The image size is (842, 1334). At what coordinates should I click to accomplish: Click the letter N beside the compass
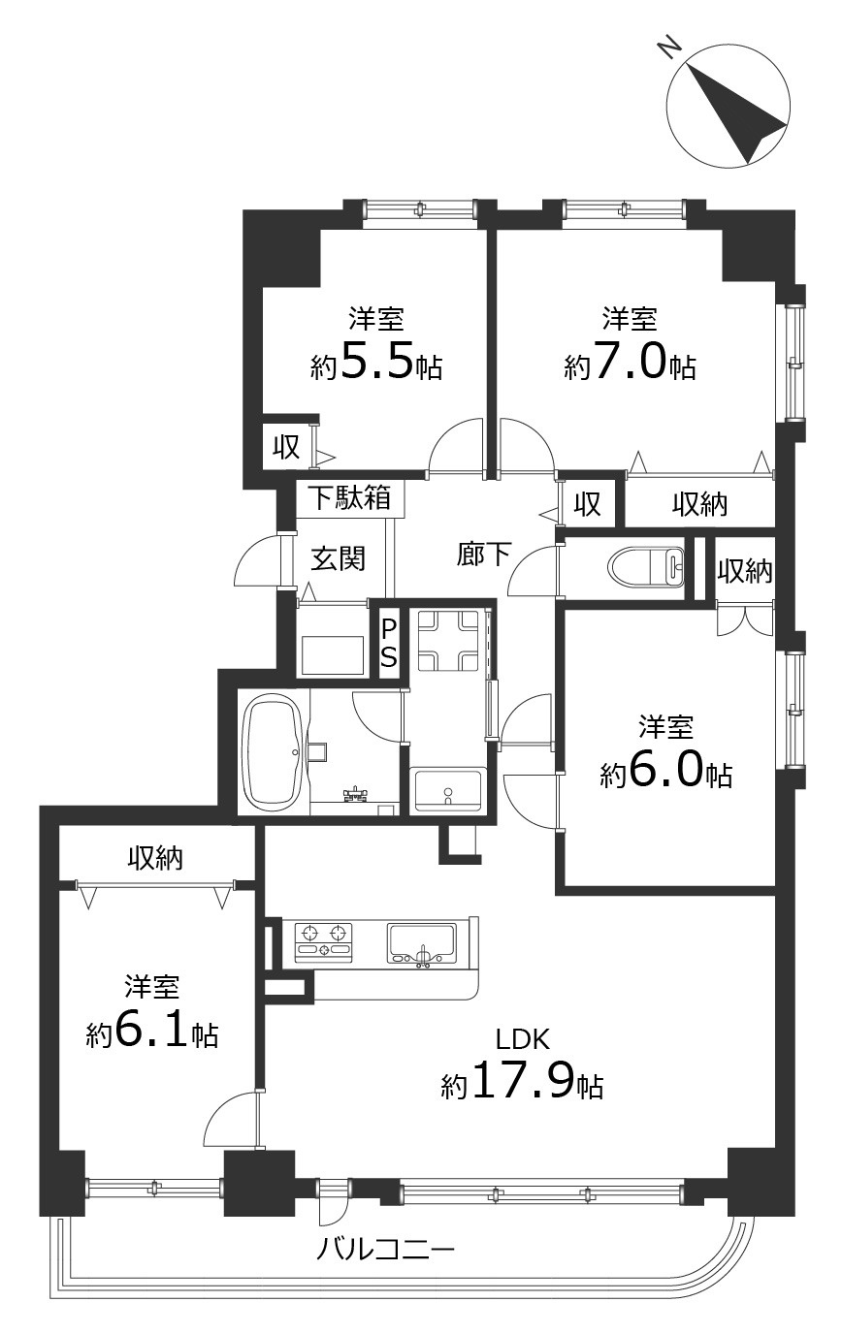click(670, 48)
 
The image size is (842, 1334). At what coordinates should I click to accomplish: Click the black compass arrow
click(737, 114)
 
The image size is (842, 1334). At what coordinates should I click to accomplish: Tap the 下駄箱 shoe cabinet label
click(351, 497)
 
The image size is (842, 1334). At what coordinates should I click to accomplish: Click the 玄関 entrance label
click(338, 558)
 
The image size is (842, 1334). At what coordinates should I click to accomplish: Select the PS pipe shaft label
click(389, 643)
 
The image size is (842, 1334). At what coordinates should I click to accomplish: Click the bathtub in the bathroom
click(275, 752)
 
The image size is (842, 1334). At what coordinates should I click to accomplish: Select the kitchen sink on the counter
click(423, 942)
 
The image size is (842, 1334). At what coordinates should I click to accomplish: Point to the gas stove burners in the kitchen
click(325, 941)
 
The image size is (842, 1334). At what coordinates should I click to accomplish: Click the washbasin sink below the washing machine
click(448, 790)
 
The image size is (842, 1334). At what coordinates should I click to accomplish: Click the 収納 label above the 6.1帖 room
click(155, 858)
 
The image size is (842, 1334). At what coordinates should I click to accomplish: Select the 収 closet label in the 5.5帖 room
click(286, 447)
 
